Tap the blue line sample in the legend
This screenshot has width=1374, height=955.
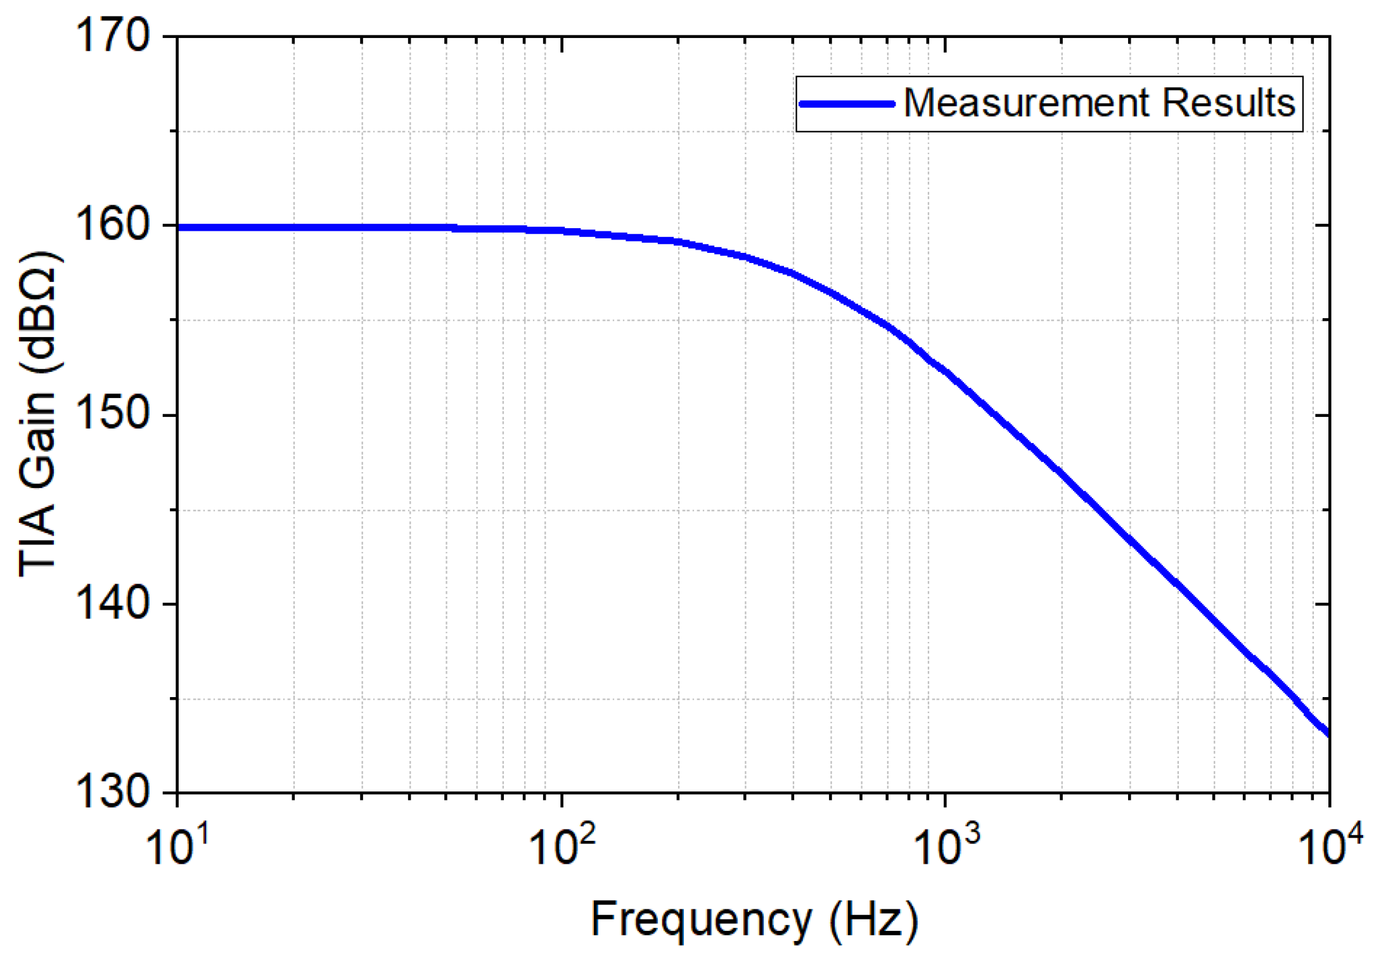coord(846,104)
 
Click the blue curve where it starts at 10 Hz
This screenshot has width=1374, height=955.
coord(179,228)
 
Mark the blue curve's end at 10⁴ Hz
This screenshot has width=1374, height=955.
coord(1327,733)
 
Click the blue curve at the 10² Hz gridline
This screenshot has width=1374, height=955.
coord(562,231)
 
